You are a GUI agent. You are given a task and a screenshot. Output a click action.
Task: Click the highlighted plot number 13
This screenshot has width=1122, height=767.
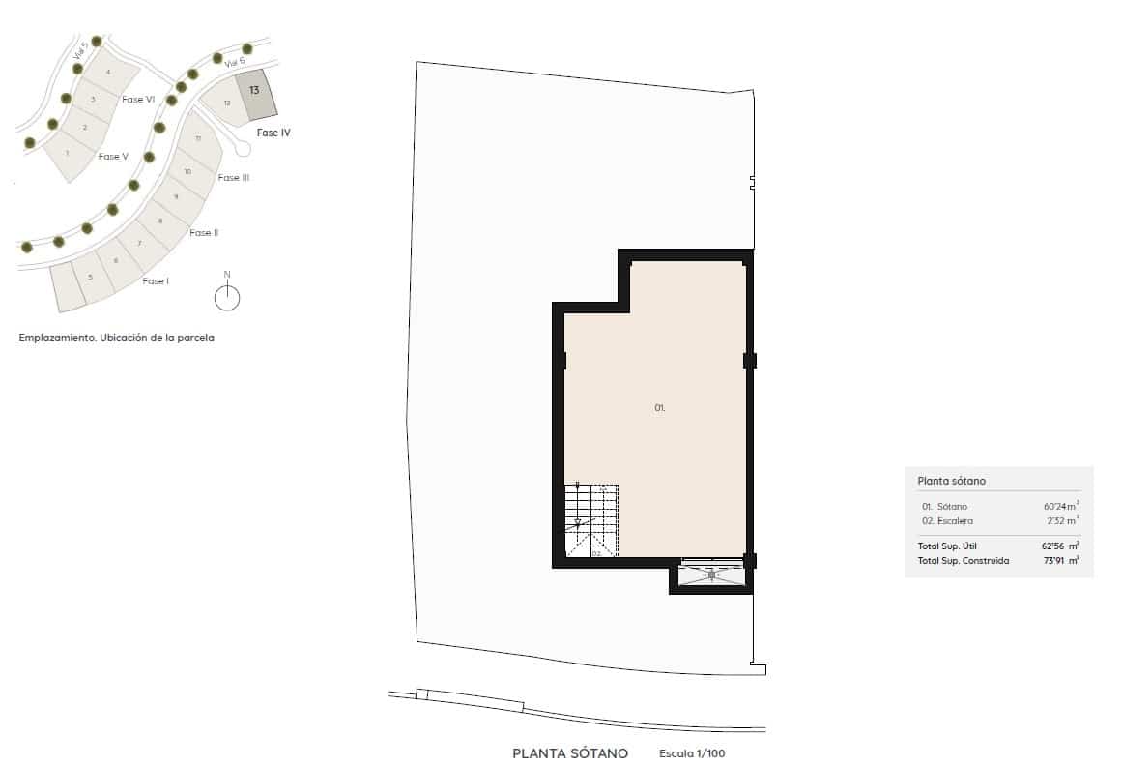pyautogui.click(x=253, y=90)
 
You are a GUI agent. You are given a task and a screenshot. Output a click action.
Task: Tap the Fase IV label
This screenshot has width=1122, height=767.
pyautogui.click(x=273, y=133)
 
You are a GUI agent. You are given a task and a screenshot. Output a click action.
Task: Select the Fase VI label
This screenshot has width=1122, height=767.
pyautogui.click(x=138, y=100)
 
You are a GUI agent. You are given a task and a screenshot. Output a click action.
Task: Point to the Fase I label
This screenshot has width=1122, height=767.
pyautogui.click(x=155, y=281)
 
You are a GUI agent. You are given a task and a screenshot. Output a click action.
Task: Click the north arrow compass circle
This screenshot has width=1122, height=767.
pyautogui.click(x=227, y=299)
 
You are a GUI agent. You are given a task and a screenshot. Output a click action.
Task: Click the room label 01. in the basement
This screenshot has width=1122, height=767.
pyautogui.click(x=660, y=408)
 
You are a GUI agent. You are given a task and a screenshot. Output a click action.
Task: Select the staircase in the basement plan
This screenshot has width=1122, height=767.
pyautogui.click(x=590, y=520)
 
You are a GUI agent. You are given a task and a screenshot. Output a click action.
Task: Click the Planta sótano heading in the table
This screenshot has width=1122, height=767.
pyautogui.click(x=951, y=481)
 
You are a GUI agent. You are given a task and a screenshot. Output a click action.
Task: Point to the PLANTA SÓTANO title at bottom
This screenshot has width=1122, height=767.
pyautogui.click(x=570, y=753)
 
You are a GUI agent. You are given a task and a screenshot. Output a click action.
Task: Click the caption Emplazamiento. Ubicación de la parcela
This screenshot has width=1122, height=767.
pyautogui.click(x=116, y=339)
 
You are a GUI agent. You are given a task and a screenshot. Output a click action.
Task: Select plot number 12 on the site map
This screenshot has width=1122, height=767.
pyautogui.click(x=227, y=103)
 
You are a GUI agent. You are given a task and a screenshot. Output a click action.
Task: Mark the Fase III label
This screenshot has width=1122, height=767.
pyautogui.click(x=234, y=178)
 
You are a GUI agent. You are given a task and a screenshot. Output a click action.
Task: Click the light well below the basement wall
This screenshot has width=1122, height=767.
pyautogui.click(x=711, y=575)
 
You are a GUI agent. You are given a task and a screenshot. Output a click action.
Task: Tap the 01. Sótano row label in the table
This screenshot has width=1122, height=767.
pyautogui.click(x=944, y=507)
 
